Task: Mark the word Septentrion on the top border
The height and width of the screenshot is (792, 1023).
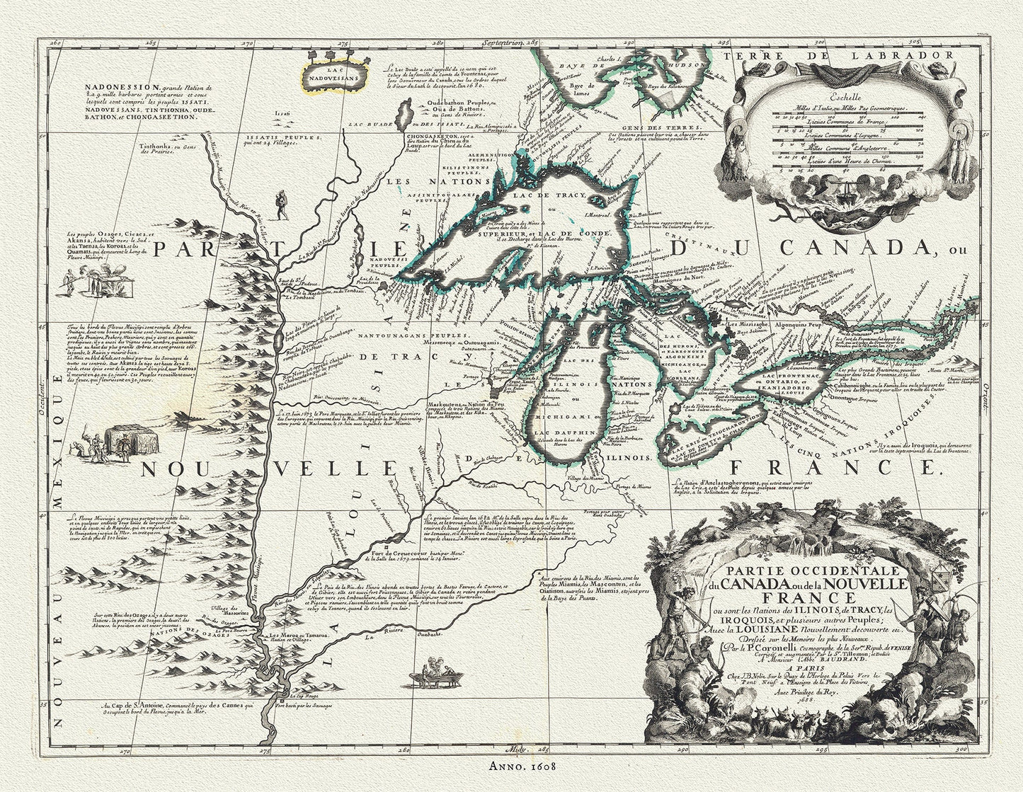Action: coord(503,43)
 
